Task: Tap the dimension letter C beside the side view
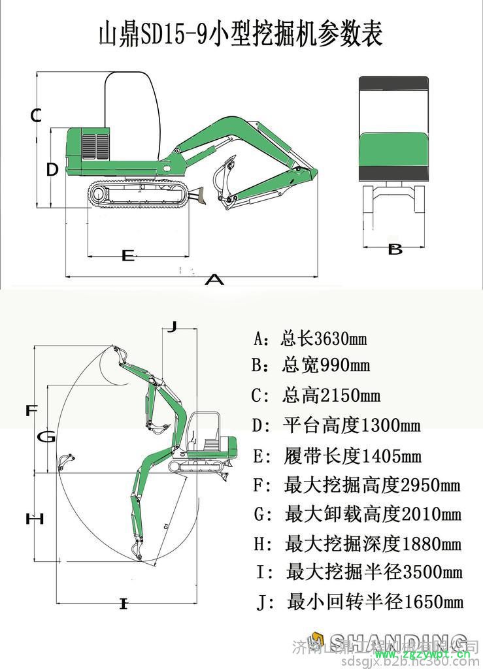tap(37, 116)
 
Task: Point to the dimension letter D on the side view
tap(52, 169)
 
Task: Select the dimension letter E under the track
tap(128, 255)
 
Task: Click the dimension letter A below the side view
tap(214, 280)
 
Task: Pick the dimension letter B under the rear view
tap(395, 249)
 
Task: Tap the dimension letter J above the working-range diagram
tap(171, 326)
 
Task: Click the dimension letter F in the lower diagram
tap(31, 411)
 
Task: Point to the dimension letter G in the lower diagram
tap(46, 437)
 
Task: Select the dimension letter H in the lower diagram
tap(34, 519)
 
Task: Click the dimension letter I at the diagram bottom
tap(123, 604)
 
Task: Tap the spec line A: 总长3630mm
tap(310, 339)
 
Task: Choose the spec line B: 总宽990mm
tap(311, 365)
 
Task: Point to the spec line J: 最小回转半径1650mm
tap(360, 601)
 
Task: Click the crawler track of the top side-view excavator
tap(137, 194)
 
